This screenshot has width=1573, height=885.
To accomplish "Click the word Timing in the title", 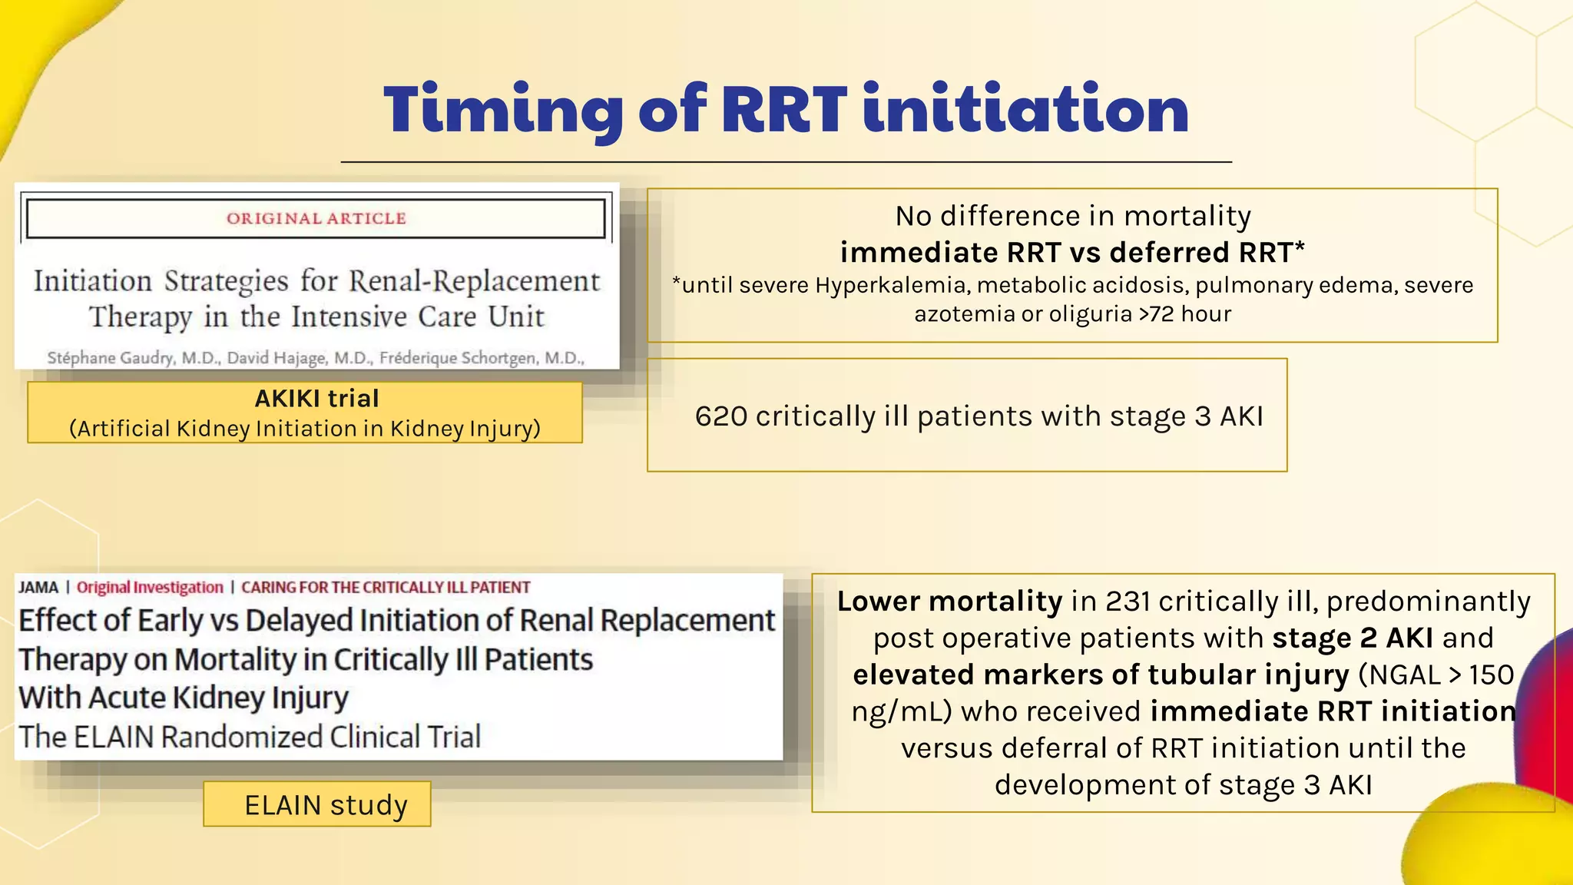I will (x=503, y=111).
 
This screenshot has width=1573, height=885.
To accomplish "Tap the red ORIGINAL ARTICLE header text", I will (x=316, y=219).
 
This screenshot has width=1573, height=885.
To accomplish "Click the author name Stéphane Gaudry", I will (x=111, y=358).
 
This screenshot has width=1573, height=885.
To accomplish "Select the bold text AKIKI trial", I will (x=316, y=399).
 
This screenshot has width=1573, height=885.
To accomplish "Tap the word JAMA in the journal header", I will (x=38, y=588).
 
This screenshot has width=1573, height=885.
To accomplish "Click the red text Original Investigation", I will (x=150, y=588).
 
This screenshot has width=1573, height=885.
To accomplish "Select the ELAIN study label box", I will (x=317, y=804).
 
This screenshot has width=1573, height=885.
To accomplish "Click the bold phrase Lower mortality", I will (x=949, y=602).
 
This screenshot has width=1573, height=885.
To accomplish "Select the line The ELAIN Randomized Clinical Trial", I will (x=250, y=737).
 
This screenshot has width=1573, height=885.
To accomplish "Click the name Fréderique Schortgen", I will (x=481, y=358).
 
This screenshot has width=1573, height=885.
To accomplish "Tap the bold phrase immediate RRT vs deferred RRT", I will (x=1071, y=253).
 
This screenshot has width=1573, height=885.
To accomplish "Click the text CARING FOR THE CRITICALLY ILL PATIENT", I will (x=386, y=588).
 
